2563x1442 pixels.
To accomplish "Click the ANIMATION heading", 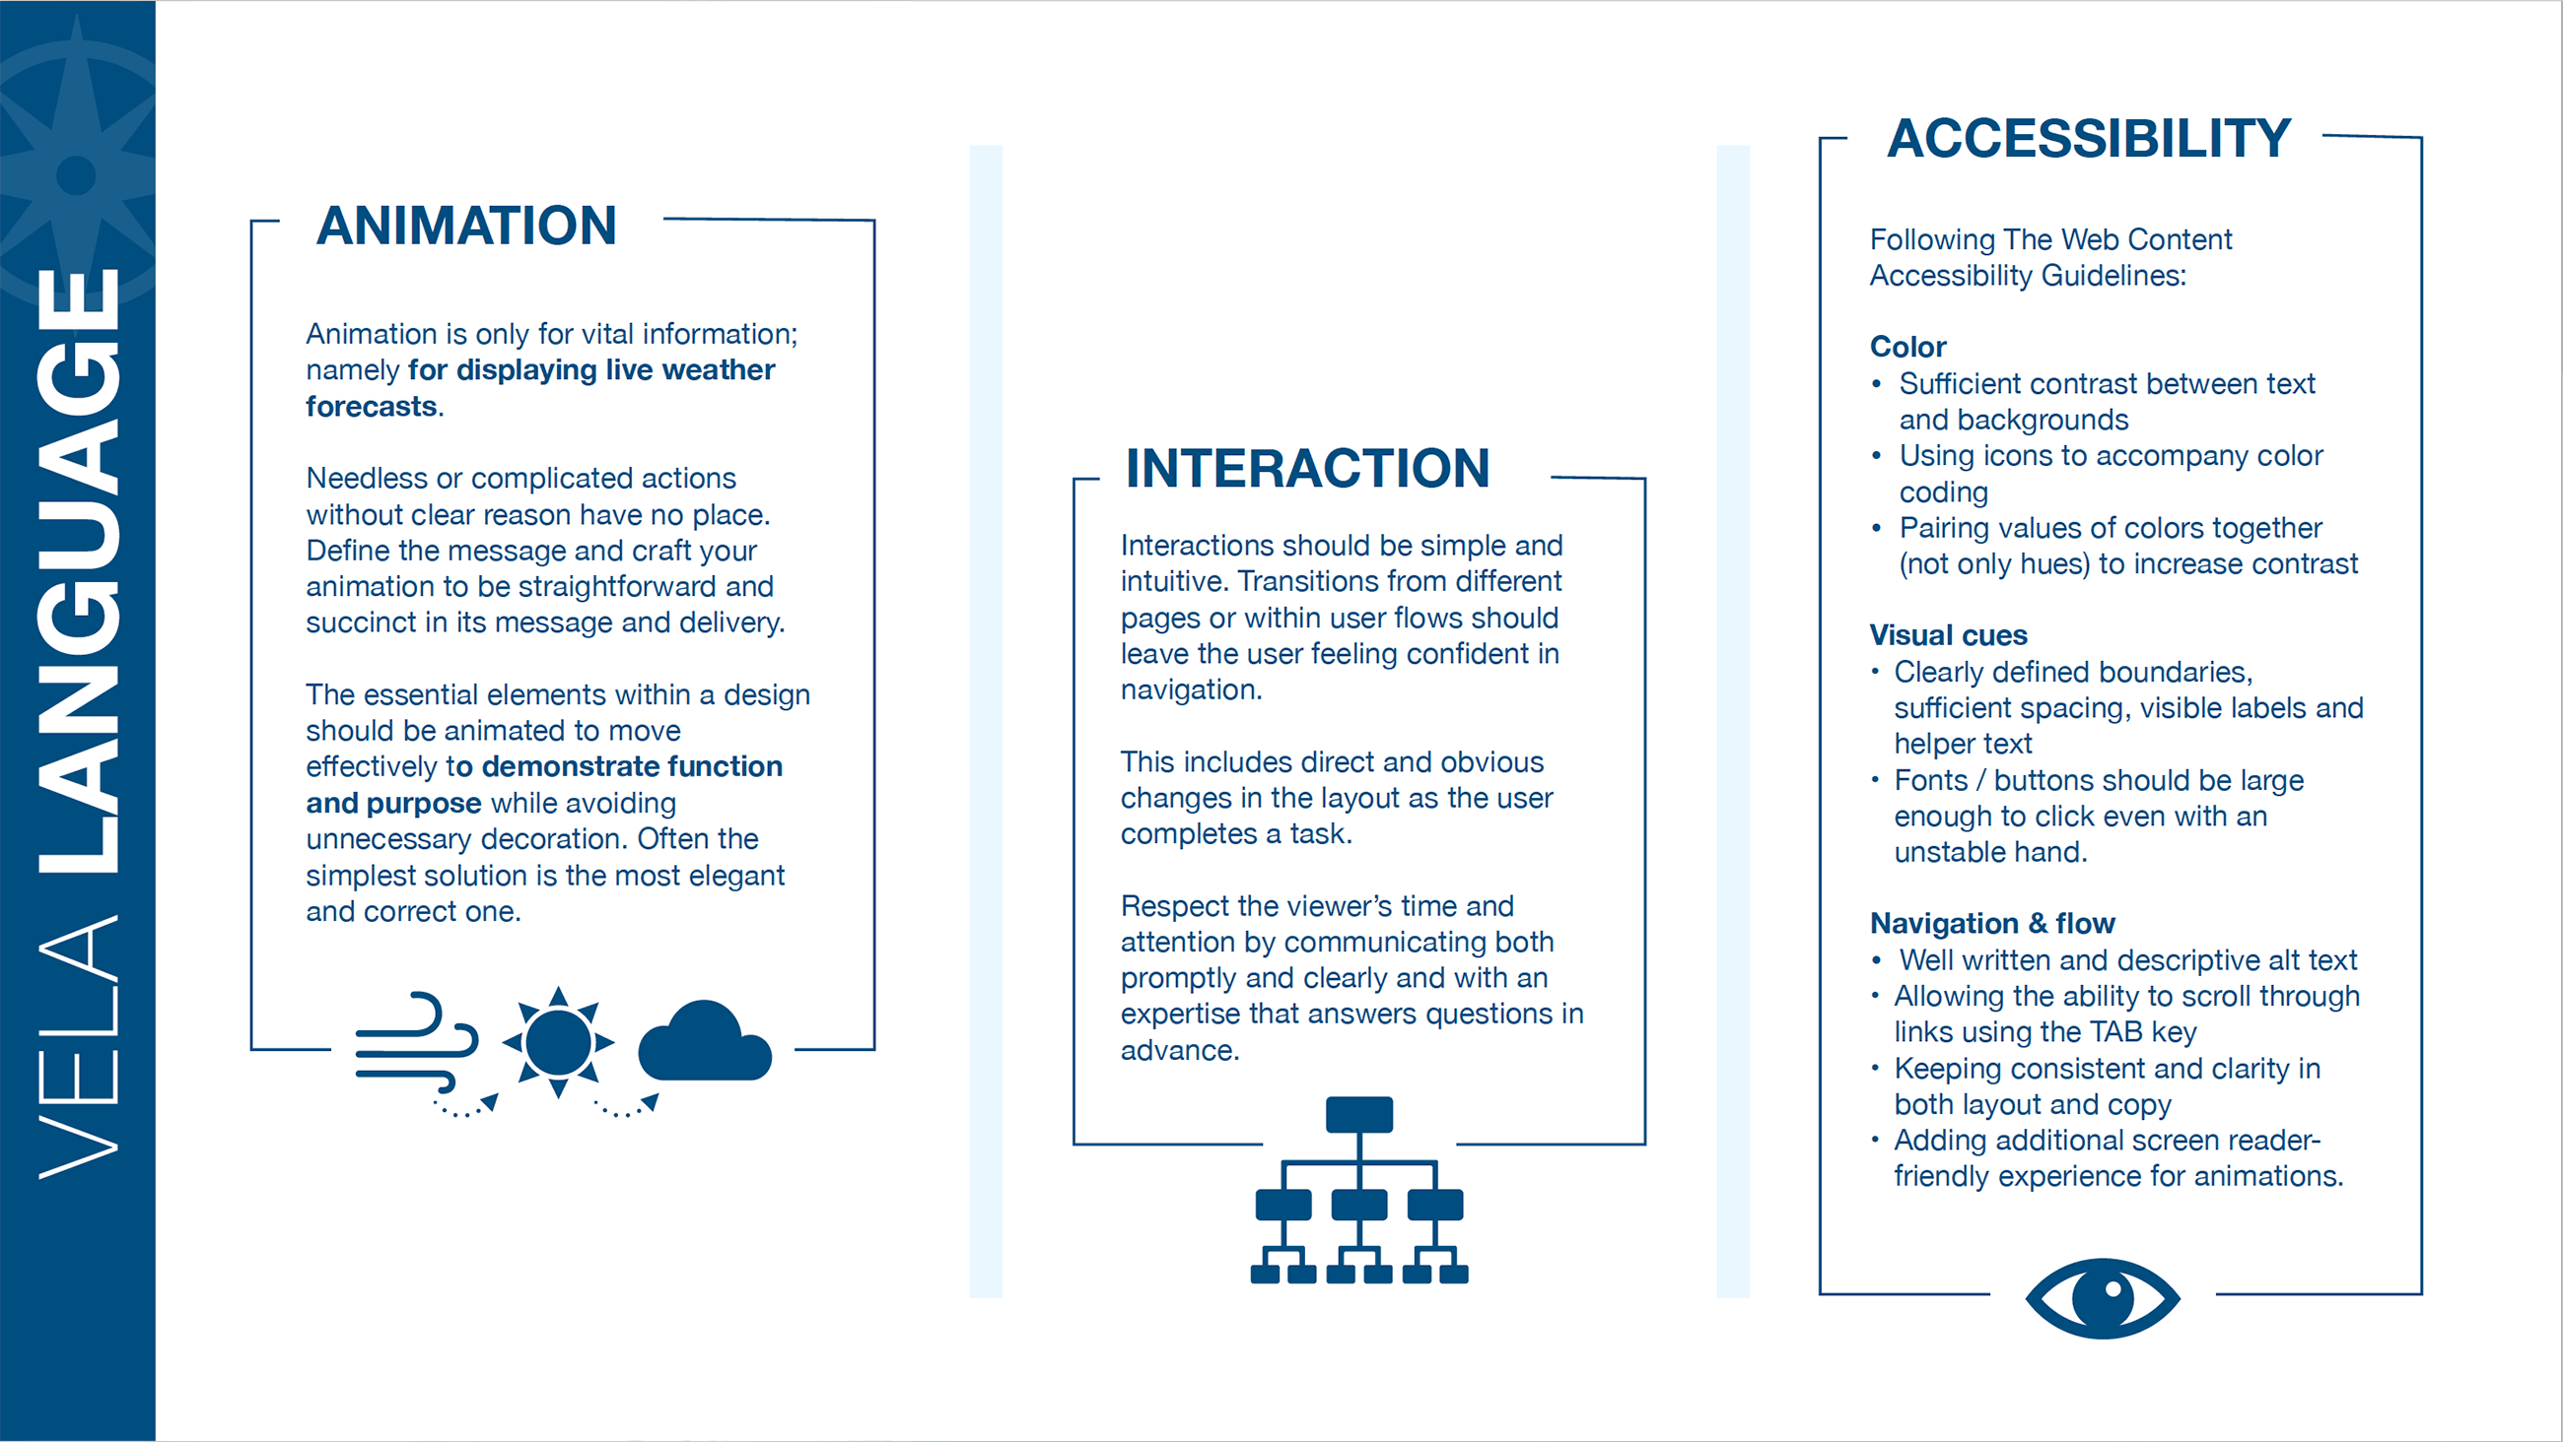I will point(466,226).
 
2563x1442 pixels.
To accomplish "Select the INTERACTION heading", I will point(1307,469).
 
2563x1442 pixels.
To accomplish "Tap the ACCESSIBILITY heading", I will point(2089,138).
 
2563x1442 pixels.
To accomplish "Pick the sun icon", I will point(558,1042).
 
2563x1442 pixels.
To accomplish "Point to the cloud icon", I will point(705,1043).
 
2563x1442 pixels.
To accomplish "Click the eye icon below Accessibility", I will point(2103,1298).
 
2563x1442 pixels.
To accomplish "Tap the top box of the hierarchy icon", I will point(1359,1115).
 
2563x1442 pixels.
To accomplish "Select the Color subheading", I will point(1907,347).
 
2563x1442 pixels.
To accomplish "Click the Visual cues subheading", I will point(1947,635).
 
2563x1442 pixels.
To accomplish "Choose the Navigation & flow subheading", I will point(1992,924).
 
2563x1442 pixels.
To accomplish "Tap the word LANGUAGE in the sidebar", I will point(79,572).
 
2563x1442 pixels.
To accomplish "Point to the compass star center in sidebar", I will point(77,176).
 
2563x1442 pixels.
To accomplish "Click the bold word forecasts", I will point(371,407).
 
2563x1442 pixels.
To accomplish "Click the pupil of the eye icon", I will point(2112,1293).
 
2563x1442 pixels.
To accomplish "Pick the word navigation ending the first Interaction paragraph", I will point(1190,690).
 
